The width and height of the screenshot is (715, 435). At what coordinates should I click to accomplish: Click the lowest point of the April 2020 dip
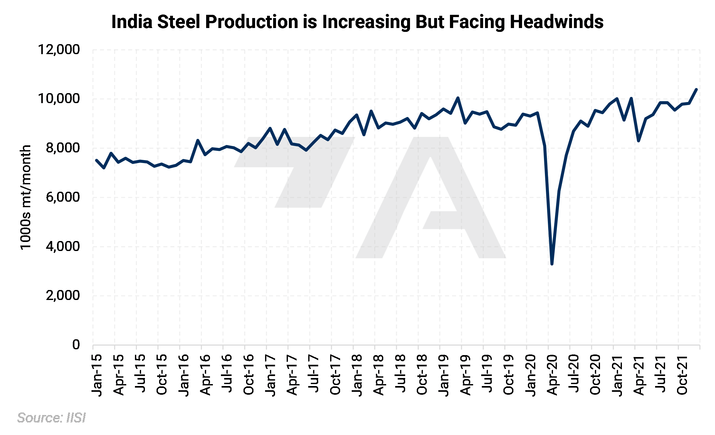click(552, 264)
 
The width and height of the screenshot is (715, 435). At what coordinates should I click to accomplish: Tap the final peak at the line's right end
click(696, 89)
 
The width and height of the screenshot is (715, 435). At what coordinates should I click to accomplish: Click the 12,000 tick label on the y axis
click(59, 50)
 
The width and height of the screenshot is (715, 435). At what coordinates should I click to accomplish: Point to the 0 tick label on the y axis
click(76, 344)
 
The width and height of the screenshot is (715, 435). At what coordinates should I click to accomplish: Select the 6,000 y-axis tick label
click(62, 197)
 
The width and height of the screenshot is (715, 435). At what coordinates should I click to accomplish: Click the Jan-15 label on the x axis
click(97, 375)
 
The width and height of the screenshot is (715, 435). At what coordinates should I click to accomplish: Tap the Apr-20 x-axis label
click(552, 375)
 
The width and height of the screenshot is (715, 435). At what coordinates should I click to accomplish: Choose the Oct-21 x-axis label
click(682, 375)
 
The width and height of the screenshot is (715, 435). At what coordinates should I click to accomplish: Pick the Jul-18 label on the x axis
click(401, 374)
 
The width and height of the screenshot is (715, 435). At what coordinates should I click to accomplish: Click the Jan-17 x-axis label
click(271, 375)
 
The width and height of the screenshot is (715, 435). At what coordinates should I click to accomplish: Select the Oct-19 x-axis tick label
click(509, 375)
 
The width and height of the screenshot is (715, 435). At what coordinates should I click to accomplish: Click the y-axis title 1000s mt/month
click(26, 197)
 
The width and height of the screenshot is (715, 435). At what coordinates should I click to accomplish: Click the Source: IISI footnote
click(52, 418)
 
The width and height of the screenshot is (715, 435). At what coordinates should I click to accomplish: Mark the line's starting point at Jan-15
click(97, 160)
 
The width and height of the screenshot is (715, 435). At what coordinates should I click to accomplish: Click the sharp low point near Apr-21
click(638, 141)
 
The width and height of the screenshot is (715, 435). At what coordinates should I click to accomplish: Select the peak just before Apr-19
click(458, 98)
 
